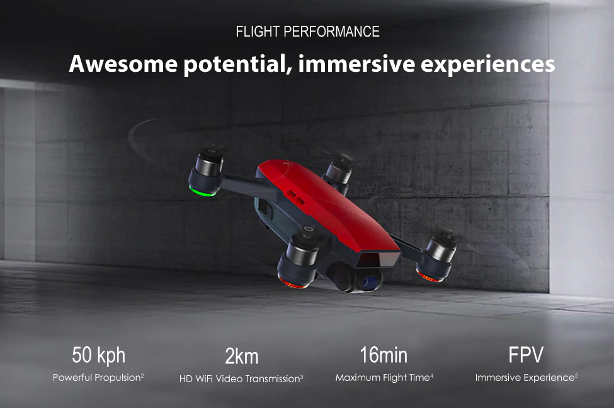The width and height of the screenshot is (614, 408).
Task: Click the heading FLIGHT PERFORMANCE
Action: coord(307,31)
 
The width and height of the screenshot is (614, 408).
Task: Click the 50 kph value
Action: coord(98,355)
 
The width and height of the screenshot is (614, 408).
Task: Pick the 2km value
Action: coord(242,356)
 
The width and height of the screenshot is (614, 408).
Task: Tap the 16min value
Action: coord(384,355)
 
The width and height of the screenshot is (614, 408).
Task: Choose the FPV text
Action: coord(526,355)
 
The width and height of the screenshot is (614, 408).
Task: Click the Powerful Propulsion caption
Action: coord(96,378)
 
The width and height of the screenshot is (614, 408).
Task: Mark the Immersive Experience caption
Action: coord(524,378)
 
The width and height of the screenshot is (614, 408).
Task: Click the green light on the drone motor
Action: coord(203,191)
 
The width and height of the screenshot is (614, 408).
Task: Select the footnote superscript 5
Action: coord(576,375)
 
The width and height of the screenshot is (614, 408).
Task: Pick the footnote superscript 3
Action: coord(302,376)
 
